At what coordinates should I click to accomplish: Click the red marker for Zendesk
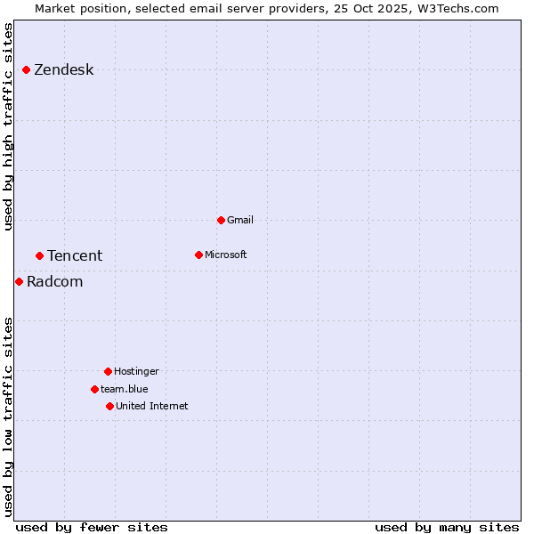tap(26, 69)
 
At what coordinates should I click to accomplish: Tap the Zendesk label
tap(63, 70)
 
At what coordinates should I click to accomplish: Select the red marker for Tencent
tap(39, 255)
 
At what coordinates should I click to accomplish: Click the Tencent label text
tap(75, 256)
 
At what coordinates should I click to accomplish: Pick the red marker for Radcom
tap(19, 281)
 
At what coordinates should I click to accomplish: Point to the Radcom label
tap(54, 282)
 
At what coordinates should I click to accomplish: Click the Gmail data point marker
tap(221, 220)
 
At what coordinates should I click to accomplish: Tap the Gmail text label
tap(240, 220)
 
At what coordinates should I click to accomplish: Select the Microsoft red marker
tap(198, 255)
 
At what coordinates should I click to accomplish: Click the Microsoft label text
tap(226, 255)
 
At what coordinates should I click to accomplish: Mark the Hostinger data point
tap(108, 371)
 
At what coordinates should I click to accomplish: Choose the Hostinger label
tap(136, 371)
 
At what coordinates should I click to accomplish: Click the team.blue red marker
tap(94, 389)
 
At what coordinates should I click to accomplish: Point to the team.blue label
tap(124, 389)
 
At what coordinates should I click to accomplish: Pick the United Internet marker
tap(109, 406)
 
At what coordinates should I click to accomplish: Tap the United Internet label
tap(151, 406)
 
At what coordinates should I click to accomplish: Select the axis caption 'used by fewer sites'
tap(92, 527)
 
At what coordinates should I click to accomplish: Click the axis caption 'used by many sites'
tap(447, 527)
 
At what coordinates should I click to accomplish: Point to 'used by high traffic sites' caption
tap(8, 126)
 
